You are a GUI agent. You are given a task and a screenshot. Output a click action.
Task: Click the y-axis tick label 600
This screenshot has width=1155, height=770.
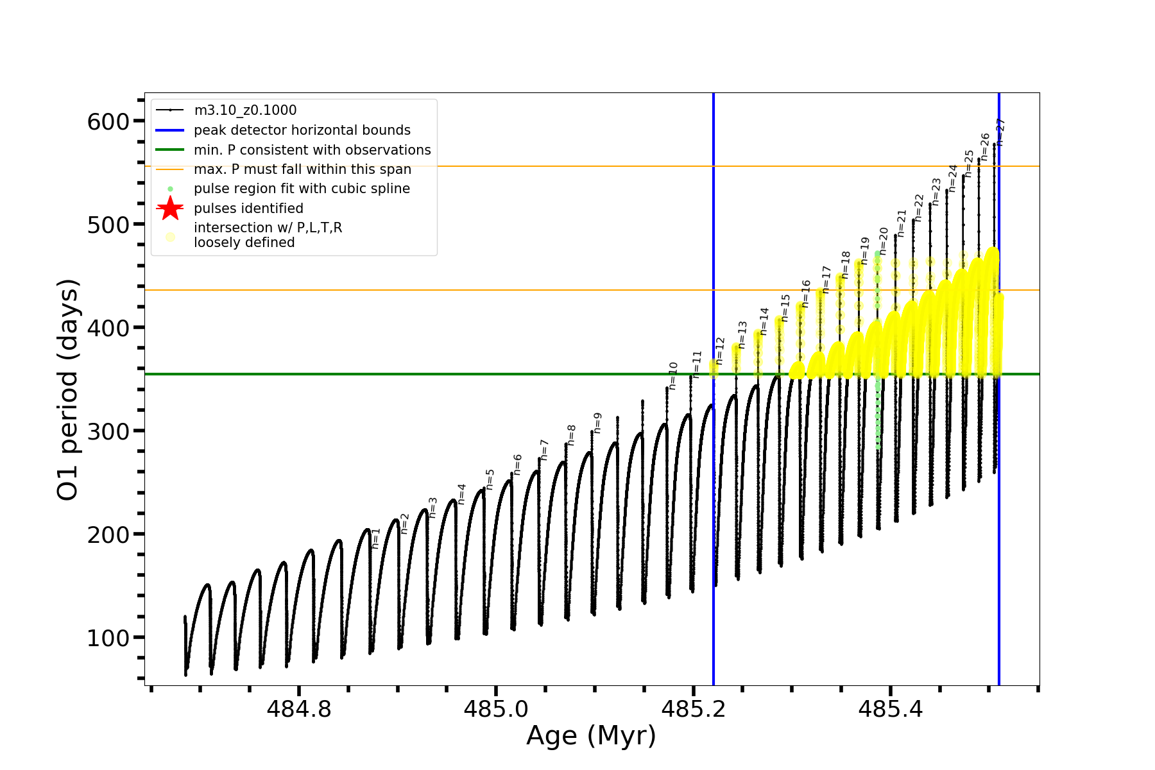(108, 121)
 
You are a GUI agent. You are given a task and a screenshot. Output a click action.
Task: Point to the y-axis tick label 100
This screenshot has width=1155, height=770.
(108, 638)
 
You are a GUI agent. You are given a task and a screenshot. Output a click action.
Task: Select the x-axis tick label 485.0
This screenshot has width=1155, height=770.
(495, 709)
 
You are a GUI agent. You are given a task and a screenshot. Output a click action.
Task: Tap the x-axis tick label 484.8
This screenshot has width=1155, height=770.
(298, 709)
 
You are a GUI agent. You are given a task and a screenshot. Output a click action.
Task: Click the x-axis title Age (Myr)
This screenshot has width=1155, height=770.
(591, 735)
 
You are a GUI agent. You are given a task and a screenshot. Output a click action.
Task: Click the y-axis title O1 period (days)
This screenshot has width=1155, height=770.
(67, 389)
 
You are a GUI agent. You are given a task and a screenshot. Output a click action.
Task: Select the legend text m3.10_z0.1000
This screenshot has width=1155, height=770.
(245, 110)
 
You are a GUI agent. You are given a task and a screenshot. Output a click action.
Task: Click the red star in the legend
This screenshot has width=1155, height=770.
(170, 208)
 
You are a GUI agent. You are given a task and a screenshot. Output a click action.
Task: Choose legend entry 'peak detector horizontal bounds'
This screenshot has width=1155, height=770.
(302, 130)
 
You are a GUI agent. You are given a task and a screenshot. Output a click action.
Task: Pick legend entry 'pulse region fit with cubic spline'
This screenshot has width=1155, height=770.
(302, 189)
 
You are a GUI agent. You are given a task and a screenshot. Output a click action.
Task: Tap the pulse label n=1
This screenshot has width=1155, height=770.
(376, 538)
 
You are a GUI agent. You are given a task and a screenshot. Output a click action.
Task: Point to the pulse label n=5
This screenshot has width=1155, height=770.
(490, 479)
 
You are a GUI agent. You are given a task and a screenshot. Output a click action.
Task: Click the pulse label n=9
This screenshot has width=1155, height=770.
(597, 422)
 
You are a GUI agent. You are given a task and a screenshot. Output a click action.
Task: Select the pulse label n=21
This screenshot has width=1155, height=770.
(902, 223)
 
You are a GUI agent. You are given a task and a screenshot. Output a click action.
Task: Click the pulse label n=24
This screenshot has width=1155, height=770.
(953, 178)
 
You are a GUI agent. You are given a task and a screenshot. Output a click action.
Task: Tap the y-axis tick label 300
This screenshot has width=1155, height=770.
(108, 431)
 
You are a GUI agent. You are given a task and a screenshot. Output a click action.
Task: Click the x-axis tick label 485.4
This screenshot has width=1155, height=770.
(890, 709)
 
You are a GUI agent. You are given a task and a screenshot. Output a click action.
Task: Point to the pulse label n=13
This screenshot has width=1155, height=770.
(742, 334)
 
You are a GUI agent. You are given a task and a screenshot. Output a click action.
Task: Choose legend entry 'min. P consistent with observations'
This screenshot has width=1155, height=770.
(312, 150)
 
